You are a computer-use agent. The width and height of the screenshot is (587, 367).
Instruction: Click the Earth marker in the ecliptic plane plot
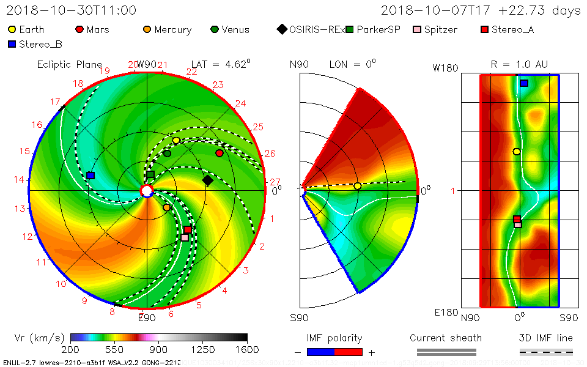click(x=176, y=141)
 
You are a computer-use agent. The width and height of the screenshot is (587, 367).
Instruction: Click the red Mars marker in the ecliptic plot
click(x=220, y=153)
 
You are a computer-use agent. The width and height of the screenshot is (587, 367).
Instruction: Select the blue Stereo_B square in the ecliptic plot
click(x=90, y=176)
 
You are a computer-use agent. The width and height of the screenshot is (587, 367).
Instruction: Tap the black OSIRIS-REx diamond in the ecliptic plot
click(x=208, y=180)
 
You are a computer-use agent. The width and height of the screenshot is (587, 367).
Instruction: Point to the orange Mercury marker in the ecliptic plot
click(x=166, y=207)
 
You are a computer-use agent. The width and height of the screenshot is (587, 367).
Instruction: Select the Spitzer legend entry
click(x=435, y=29)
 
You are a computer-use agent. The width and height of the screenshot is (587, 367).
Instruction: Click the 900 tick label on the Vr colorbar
click(x=159, y=349)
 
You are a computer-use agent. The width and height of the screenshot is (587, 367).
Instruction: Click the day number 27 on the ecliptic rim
click(x=275, y=182)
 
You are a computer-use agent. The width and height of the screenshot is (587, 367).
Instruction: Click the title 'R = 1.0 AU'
click(x=519, y=64)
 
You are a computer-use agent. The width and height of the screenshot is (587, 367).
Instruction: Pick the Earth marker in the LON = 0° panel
click(x=358, y=186)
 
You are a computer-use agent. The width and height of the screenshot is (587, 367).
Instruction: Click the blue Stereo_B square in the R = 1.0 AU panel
click(x=524, y=83)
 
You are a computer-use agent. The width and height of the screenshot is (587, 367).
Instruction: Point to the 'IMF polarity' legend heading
click(x=334, y=338)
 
